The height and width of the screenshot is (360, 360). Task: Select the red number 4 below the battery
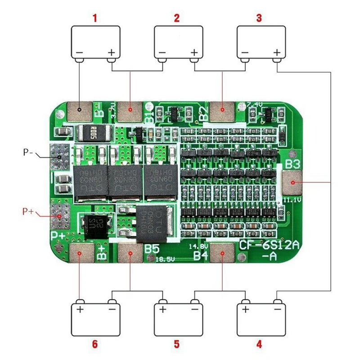coord(259,344)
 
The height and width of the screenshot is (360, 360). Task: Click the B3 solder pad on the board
coord(293,182)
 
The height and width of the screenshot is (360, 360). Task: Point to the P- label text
coord(29,153)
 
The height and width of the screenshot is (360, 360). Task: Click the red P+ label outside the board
coord(28,211)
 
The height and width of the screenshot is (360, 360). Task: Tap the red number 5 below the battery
coord(177,344)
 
